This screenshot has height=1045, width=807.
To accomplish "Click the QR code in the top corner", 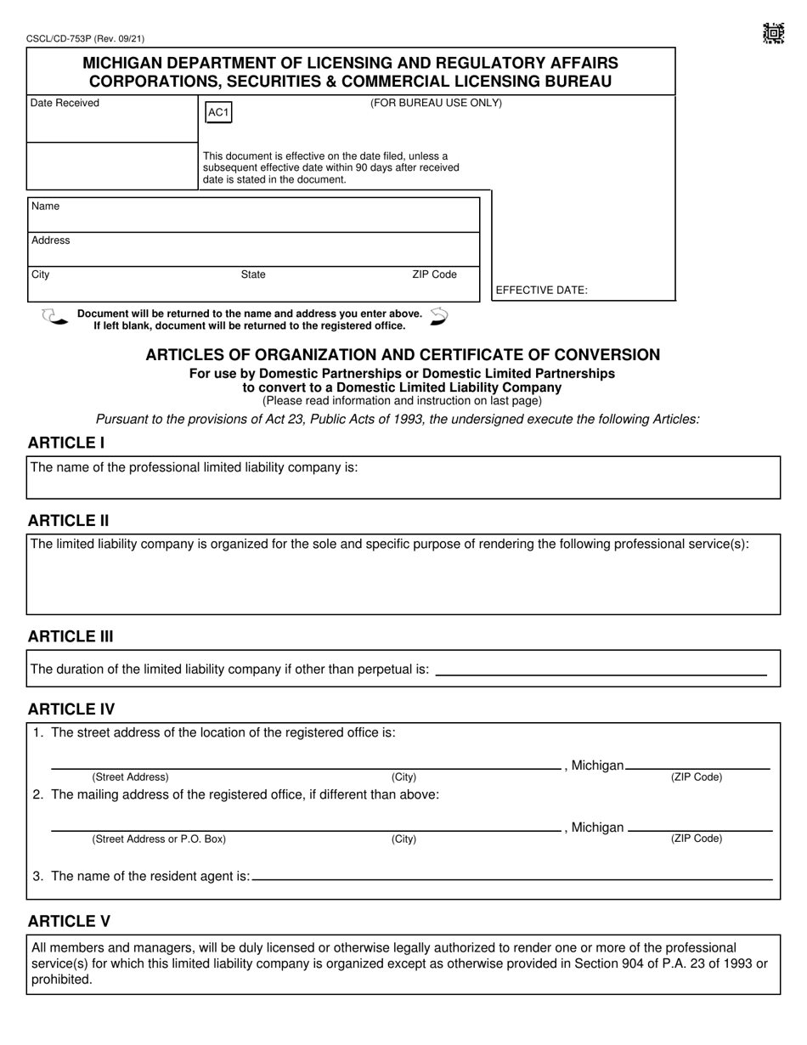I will click(x=772, y=34).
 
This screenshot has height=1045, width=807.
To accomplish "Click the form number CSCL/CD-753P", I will click(x=80, y=39).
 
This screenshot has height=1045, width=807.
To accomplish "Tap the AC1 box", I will click(x=218, y=113).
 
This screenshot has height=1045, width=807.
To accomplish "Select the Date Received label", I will click(x=65, y=104).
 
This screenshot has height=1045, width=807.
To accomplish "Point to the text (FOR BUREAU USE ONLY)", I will click(x=436, y=104).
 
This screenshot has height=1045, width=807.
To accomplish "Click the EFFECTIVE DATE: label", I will click(x=541, y=291).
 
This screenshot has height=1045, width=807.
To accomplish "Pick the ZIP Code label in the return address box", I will click(x=434, y=274).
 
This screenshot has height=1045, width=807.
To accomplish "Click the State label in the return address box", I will click(x=253, y=274).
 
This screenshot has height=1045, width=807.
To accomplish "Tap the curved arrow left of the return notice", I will click(x=54, y=318).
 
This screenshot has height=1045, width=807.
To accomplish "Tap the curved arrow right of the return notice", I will click(x=438, y=317).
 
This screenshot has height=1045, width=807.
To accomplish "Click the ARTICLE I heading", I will click(x=66, y=443).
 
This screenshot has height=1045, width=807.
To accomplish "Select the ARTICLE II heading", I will click(x=68, y=521).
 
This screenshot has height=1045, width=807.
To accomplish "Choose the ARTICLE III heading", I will click(x=71, y=637).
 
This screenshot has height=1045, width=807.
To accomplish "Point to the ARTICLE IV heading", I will click(x=71, y=709).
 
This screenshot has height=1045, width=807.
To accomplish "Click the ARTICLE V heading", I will click(x=69, y=922).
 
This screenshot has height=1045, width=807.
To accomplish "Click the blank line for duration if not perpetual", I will click(x=601, y=674).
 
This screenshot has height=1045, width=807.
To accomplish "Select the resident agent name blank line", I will click(x=512, y=878).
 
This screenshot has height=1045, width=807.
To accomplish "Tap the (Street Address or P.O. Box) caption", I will click(x=159, y=839).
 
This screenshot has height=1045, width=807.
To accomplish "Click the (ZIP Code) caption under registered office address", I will click(x=697, y=777).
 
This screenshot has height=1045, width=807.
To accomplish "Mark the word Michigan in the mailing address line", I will click(x=597, y=828).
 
